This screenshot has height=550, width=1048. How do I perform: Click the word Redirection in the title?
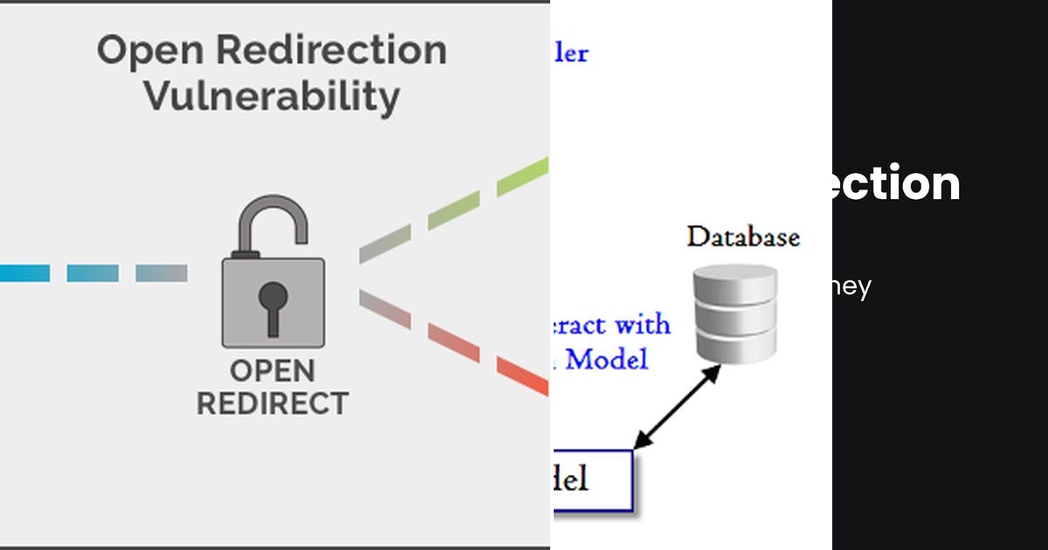pyautogui.click(x=331, y=50)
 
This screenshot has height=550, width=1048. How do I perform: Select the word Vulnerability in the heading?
pyautogui.click(x=272, y=95)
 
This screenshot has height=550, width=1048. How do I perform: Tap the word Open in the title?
pyautogui.click(x=152, y=50)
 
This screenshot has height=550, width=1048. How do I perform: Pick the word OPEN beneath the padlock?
pyautogui.click(x=272, y=371)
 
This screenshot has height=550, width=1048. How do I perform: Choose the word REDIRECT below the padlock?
pyautogui.click(x=272, y=404)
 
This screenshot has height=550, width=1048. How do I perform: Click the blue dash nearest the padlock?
pyautogui.click(x=162, y=273)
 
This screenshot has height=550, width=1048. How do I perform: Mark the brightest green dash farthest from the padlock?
pyautogui.click(x=522, y=175)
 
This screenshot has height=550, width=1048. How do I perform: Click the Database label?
pyautogui.click(x=742, y=237)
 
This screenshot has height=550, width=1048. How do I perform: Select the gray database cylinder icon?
pyautogui.click(x=734, y=313)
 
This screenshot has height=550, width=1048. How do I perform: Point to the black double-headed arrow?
pyautogui.click(x=677, y=407)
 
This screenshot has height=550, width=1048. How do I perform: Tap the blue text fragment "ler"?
pyautogui.click(x=571, y=53)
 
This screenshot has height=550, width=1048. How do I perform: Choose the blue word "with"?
pyautogui.click(x=642, y=325)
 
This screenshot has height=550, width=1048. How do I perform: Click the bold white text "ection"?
pyautogui.click(x=896, y=184)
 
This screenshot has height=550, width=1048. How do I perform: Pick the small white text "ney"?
pyautogui.click(x=851, y=287)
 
